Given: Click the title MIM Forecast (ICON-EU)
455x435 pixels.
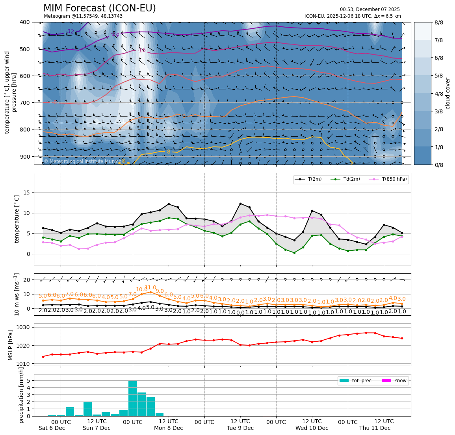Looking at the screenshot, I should (99, 8).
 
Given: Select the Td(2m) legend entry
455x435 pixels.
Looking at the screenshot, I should (349, 180).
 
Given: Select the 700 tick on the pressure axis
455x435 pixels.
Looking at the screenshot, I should (24, 103).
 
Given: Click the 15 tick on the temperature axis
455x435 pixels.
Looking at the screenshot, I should (27, 193).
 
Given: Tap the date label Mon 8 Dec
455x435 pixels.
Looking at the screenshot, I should (168, 428).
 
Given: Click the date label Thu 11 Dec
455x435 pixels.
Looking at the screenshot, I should (375, 428).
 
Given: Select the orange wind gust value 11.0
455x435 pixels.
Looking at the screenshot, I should (150, 288).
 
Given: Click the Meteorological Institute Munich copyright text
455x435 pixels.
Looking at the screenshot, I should (83, 161).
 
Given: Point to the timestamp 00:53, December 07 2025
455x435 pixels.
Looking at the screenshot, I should (370, 9).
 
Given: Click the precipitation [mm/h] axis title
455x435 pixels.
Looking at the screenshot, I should (21, 395).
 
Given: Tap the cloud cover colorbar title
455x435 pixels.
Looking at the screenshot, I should (448, 93).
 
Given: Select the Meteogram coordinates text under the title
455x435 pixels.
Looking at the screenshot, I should (83, 16).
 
